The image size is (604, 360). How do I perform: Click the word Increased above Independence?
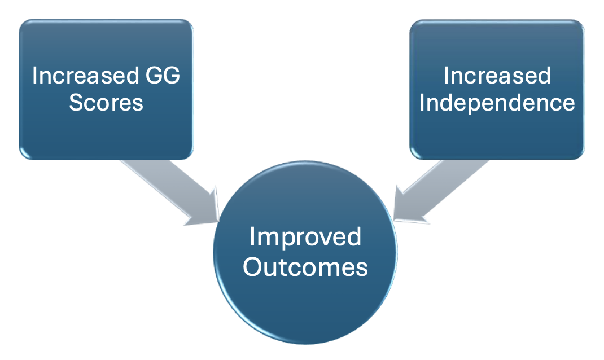(497, 76)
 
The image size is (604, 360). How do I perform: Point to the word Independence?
(497, 103)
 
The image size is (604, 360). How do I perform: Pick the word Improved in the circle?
(305, 238)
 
